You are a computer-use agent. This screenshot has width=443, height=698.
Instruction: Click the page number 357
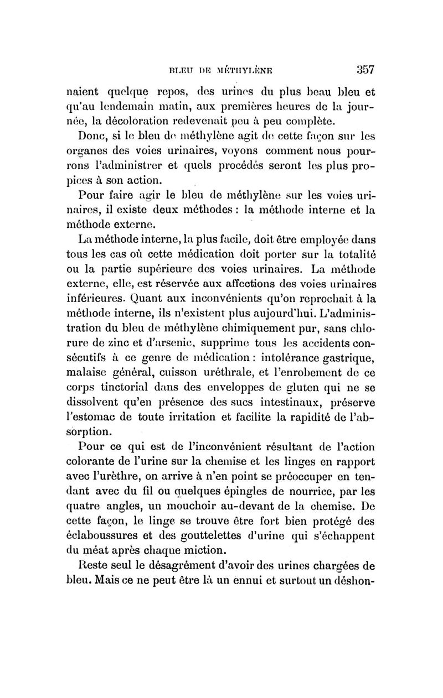point(363,70)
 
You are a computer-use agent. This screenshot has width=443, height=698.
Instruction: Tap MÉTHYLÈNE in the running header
point(239,71)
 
